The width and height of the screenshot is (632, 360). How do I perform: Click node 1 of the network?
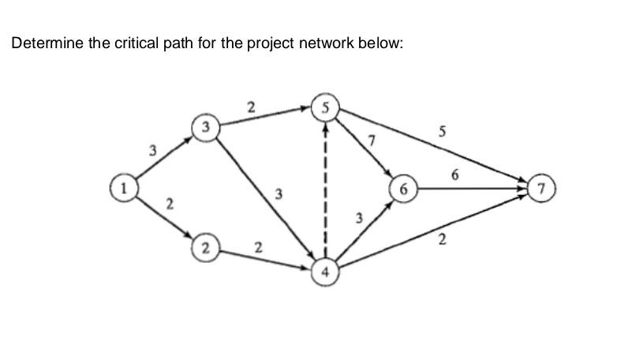122,189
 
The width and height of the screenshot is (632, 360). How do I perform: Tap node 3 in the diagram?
206,126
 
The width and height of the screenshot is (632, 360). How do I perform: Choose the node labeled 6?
405,190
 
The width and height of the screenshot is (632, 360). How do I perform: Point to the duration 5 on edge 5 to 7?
443,133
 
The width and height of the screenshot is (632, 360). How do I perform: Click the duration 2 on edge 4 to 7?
442,239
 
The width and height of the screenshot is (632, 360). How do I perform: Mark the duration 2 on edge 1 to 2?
170,205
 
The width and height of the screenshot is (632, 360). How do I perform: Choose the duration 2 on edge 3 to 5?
251,106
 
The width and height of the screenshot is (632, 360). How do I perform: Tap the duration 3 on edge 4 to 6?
359,217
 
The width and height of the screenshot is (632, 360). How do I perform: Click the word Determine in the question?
47,43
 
